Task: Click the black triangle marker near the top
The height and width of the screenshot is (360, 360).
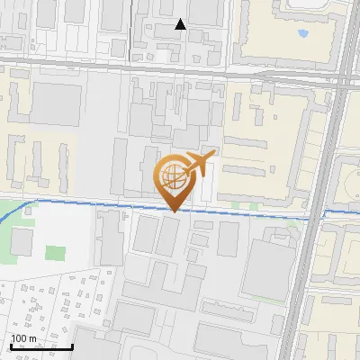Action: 180,24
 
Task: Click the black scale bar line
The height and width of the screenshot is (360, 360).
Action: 41,346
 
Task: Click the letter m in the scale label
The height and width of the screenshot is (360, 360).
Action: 32,338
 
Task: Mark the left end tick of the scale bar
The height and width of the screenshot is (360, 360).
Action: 11,345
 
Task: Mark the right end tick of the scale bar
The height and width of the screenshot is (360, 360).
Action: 73,345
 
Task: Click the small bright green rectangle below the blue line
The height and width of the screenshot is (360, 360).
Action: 56,254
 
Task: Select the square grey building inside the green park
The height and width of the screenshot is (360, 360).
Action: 22,241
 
